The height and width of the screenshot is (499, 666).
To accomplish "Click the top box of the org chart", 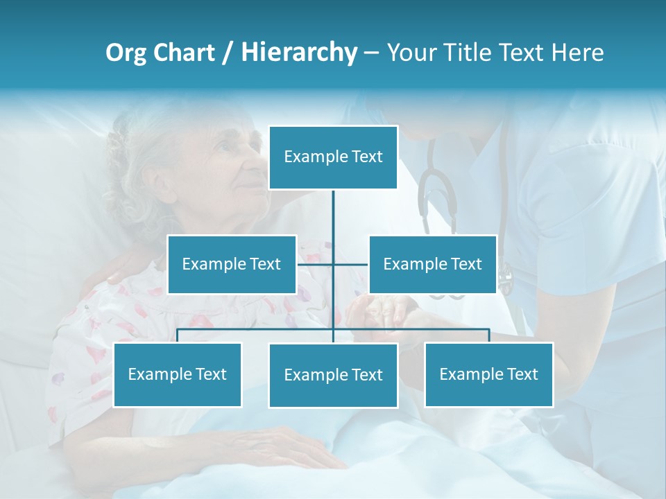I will pyautogui.click(x=333, y=157).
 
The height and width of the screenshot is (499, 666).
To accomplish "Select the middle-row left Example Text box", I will pyautogui.click(x=232, y=264).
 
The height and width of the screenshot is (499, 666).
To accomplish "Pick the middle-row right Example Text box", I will pyautogui.click(x=432, y=264).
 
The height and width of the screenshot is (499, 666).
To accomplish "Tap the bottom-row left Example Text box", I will pyautogui.click(x=178, y=374).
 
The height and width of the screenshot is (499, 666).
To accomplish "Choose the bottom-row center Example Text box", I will pyautogui.click(x=333, y=375).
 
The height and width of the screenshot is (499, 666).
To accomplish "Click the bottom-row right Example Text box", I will pyautogui.click(x=488, y=374).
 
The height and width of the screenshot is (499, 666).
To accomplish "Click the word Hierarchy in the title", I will pyautogui.click(x=299, y=53).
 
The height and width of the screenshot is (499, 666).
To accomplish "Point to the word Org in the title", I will pyautogui.click(x=126, y=53).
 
